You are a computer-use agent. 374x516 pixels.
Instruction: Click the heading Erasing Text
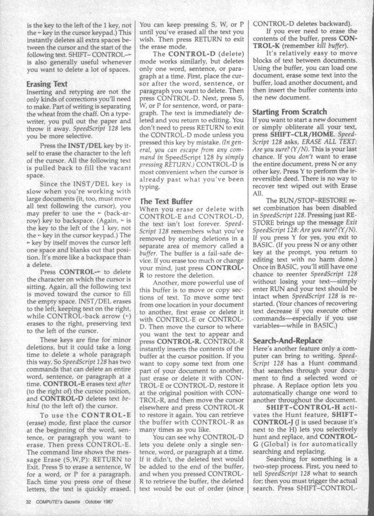click(x=47, y=84)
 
